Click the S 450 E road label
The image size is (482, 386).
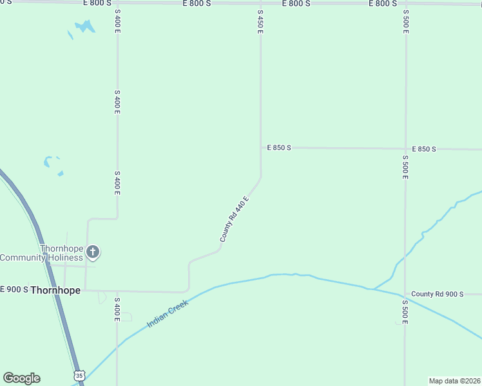(260, 22)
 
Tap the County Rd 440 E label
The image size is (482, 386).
(234, 219)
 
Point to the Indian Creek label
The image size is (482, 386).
(168, 313)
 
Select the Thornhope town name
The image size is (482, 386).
(55, 290)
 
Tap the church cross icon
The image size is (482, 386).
(93, 252)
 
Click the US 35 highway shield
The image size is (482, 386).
(79, 375)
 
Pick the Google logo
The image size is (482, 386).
(21, 378)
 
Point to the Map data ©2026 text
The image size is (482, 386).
(455, 381)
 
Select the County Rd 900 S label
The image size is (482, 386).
(438, 294)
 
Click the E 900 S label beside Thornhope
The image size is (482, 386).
(14, 289)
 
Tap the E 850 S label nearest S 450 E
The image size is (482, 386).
(279, 147)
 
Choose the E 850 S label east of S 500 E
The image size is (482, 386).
(423, 149)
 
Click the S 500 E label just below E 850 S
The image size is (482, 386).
(405, 167)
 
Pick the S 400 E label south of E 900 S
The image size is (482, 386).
(117, 310)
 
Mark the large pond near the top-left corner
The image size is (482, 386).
(84, 26)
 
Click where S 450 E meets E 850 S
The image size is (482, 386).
(260, 147)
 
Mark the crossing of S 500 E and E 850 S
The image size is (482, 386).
(405, 149)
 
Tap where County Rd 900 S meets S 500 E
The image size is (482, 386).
(405, 293)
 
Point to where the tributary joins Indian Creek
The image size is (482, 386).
(372, 289)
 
